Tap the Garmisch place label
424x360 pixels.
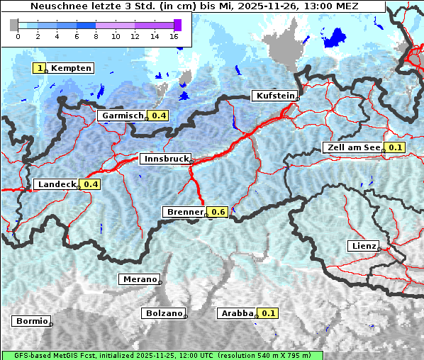click(122, 116)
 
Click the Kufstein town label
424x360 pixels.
click(275, 96)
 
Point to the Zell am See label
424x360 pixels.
click(352, 147)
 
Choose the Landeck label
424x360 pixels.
click(56, 184)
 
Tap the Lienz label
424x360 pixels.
click(362, 246)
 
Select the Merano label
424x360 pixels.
click(139, 279)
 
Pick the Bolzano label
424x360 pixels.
click(164, 313)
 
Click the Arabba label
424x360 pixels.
click(237, 313)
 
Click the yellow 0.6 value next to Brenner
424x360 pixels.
click(218, 212)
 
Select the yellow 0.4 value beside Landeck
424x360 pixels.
click(90, 184)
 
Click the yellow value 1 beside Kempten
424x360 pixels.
click(40, 68)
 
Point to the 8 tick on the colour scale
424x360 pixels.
click(96, 35)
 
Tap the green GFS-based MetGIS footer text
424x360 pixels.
click(162, 355)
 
